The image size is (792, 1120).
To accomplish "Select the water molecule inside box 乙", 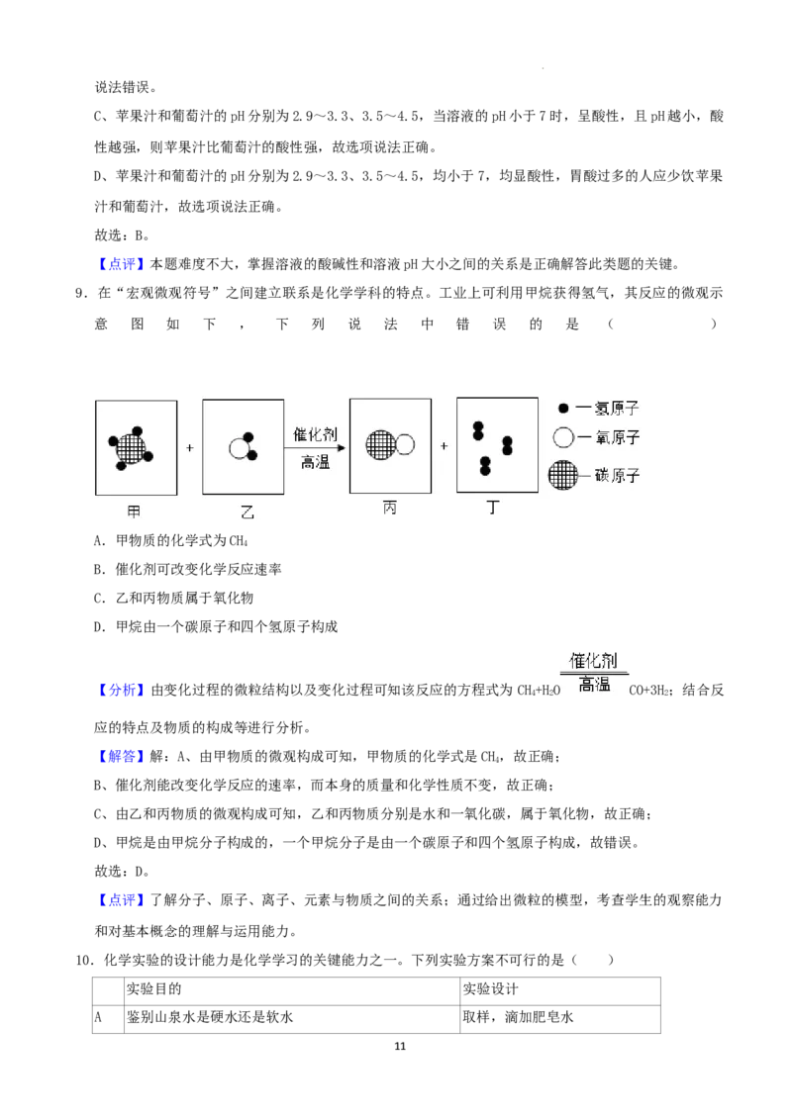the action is click(x=243, y=446).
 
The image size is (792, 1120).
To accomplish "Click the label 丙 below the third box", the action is click(x=390, y=509).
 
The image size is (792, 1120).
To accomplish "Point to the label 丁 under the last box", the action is click(x=492, y=508).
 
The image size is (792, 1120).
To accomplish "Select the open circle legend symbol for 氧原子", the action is click(x=563, y=437).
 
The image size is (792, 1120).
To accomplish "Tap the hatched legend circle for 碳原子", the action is click(x=563, y=476).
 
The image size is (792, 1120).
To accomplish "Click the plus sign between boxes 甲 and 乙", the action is click(x=189, y=448).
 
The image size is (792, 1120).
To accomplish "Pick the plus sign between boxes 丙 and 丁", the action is click(x=444, y=445).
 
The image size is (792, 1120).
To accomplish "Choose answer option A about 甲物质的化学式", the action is click(x=171, y=541).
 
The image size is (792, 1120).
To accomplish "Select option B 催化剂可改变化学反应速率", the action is click(x=187, y=569).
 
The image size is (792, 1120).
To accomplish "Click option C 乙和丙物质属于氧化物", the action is click(x=173, y=598).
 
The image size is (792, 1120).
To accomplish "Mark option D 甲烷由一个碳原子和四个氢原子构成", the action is click(x=216, y=626).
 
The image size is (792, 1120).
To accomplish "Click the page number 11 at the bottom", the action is click(x=400, y=1046).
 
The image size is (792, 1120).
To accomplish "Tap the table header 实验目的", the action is click(x=153, y=988).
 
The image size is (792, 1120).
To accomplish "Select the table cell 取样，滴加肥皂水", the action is click(x=518, y=1017).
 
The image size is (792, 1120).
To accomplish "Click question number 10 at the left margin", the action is click(x=84, y=960).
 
